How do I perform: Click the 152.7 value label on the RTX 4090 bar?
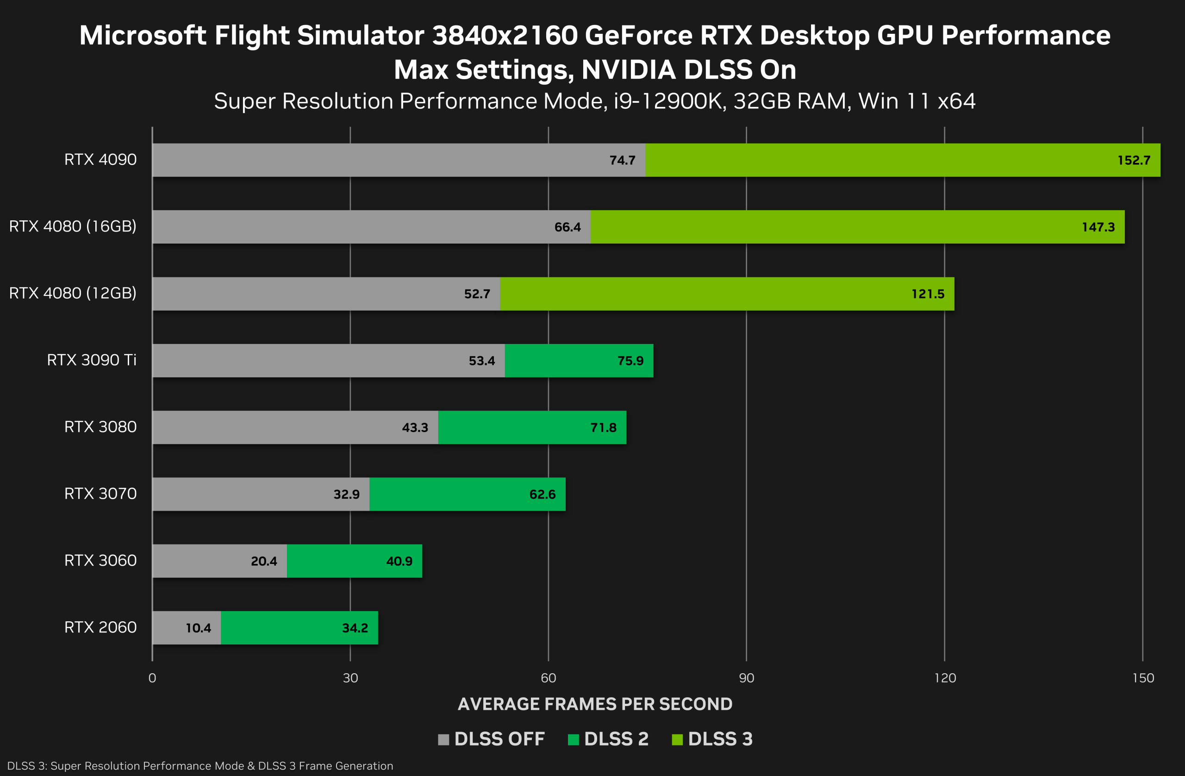(x=1133, y=160)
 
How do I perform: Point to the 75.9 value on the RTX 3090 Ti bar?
(x=630, y=361)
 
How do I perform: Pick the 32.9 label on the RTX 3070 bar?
(x=347, y=494)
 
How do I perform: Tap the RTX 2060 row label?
(x=100, y=627)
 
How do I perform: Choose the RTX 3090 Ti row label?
(x=92, y=360)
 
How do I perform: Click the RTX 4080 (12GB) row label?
(x=73, y=293)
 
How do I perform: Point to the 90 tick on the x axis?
(x=746, y=678)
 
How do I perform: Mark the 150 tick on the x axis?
(x=1143, y=678)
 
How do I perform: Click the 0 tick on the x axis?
(x=152, y=678)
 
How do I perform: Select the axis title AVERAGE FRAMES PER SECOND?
(x=595, y=704)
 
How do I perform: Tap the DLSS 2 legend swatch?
(x=573, y=739)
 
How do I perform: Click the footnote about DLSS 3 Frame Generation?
(x=200, y=765)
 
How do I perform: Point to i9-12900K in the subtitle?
(x=667, y=101)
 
